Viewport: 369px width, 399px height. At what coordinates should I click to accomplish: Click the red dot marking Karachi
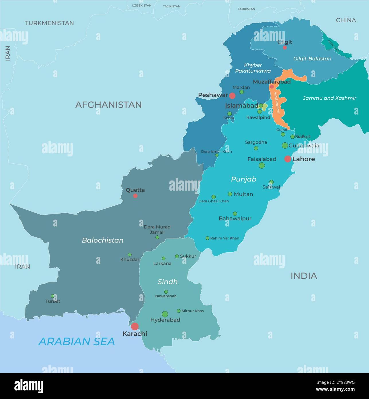(x=135, y=326)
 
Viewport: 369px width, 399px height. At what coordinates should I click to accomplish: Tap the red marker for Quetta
(x=135, y=196)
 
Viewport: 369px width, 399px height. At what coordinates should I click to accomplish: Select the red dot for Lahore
(x=288, y=159)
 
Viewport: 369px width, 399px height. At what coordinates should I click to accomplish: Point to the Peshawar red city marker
(x=232, y=96)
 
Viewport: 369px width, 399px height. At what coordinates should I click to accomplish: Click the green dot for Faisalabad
(x=262, y=165)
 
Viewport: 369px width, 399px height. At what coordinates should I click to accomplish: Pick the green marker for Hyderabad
(x=165, y=314)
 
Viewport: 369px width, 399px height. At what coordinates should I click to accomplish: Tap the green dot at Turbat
(x=53, y=296)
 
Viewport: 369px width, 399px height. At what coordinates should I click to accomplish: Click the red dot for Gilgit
(x=285, y=48)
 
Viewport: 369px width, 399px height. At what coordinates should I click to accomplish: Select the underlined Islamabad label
(x=241, y=106)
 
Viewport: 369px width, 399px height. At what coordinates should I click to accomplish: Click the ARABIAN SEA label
(x=77, y=342)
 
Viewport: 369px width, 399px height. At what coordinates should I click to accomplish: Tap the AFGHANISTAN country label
(x=108, y=105)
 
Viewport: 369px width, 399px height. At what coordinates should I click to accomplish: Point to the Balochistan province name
(x=103, y=240)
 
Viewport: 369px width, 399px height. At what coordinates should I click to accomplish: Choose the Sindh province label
(x=167, y=282)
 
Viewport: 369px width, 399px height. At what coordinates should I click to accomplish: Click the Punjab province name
(x=243, y=179)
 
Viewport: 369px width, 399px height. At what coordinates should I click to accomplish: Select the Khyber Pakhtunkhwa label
(x=253, y=68)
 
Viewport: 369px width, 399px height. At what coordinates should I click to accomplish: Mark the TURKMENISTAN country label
(x=49, y=23)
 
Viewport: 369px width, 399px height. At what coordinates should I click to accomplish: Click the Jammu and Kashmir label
(x=329, y=98)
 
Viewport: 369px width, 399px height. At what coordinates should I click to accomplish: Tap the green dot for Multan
(x=230, y=194)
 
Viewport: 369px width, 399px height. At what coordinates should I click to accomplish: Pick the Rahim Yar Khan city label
(x=224, y=238)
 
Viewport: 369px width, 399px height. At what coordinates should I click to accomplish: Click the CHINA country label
(x=346, y=20)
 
